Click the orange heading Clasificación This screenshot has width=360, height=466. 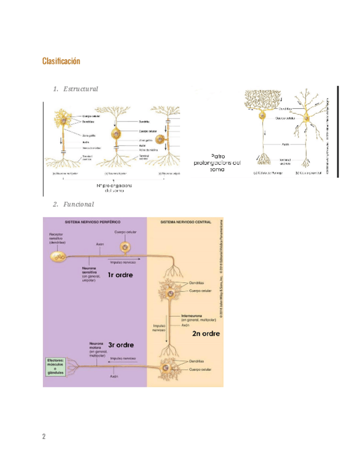(61, 61)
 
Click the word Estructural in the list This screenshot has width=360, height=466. (80, 89)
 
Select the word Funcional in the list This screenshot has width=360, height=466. (78, 204)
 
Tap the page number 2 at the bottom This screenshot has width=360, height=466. (44, 437)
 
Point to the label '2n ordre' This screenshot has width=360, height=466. (206, 333)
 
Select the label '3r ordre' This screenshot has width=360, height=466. (120, 345)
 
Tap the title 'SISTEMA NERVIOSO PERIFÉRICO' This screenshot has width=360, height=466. (92, 222)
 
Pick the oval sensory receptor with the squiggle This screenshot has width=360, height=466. (60, 256)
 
